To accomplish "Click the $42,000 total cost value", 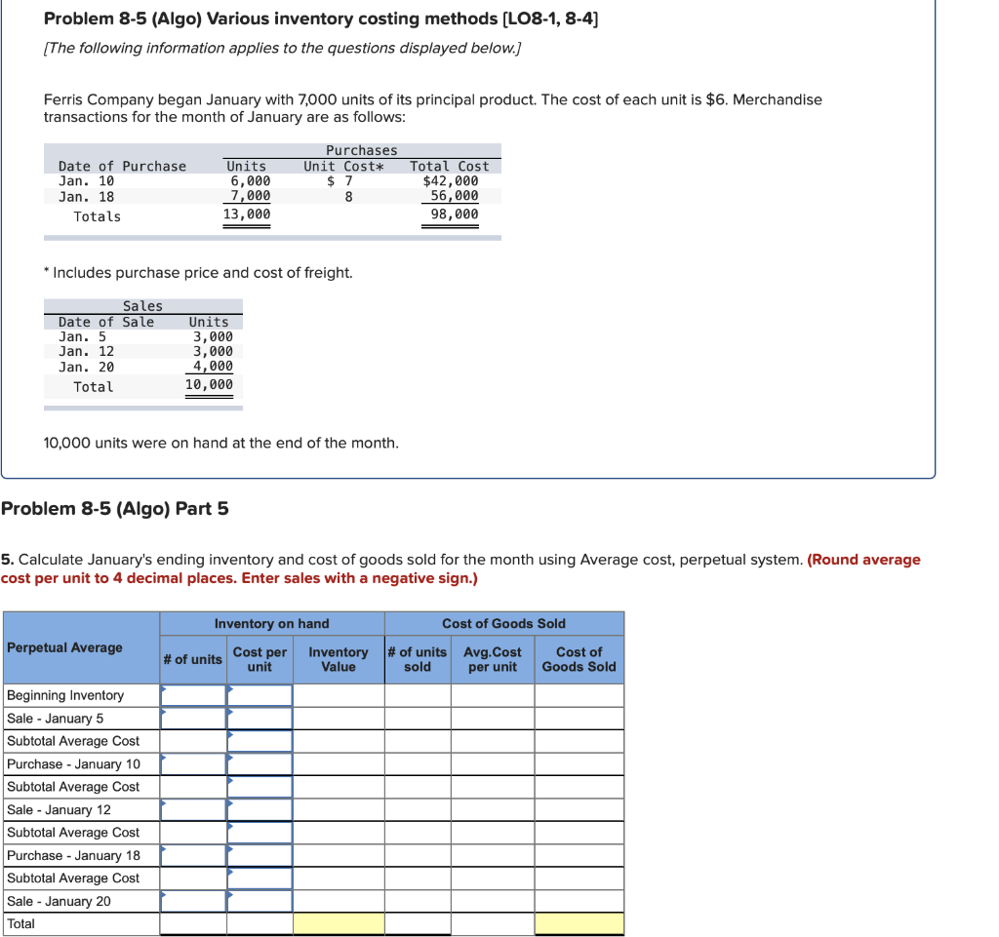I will tap(450, 181).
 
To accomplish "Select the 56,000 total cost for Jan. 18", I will tap(455, 196).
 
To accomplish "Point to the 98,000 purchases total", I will tap(455, 215).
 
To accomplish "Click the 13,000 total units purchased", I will tap(247, 215).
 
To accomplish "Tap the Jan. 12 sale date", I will tap(86, 351).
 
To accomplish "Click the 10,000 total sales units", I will tap(209, 385).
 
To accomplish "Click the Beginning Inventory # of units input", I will tap(193, 695).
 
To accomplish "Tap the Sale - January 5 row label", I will tap(56, 719).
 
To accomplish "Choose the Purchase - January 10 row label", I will tap(74, 764).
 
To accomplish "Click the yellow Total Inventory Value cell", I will tap(339, 923).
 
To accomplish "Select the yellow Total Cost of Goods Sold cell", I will tap(579, 923).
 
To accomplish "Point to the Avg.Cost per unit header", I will tap(493, 659).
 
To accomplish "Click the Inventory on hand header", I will tap(272, 624).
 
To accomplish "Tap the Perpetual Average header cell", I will tap(64, 647).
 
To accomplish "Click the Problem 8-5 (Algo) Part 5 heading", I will tap(115, 508).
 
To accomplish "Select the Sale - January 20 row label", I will tap(60, 901).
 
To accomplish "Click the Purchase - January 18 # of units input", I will tap(193, 855).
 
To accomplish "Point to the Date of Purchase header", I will tap(122, 166).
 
